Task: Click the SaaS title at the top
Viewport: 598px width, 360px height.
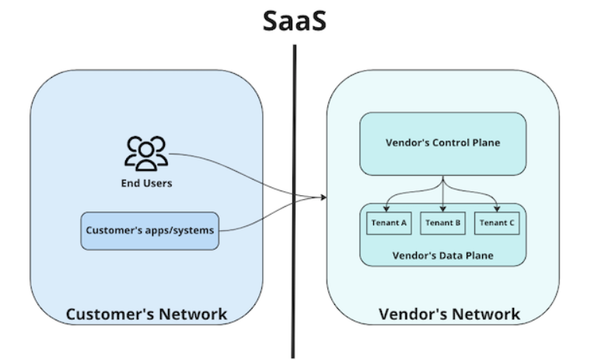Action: tap(294, 20)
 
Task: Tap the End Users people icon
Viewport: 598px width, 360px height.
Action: tap(146, 153)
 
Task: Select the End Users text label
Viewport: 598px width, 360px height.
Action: tap(146, 183)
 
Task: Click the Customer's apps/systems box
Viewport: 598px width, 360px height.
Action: tap(150, 230)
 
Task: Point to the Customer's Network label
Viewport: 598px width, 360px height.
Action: tap(146, 314)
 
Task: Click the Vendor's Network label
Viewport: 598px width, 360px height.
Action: tap(449, 314)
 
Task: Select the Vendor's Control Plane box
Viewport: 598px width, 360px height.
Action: tap(442, 143)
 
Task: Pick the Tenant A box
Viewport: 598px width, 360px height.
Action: tap(388, 222)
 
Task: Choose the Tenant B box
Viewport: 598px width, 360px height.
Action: tap(442, 222)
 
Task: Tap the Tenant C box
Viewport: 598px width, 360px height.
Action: tap(498, 222)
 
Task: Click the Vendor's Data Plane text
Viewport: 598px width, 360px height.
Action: tap(442, 254)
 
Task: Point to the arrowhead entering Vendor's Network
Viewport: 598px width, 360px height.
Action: tap(322, 197)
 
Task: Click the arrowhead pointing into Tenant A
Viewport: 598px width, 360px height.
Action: tap(388, 208)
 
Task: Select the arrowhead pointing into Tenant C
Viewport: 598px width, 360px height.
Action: tap(498, 208)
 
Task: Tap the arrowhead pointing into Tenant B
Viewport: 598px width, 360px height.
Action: tap(442, 208)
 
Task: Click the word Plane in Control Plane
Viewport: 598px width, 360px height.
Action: tap(484, 143)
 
